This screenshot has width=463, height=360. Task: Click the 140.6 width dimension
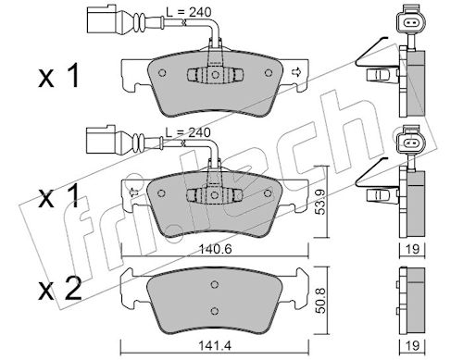[215, 249]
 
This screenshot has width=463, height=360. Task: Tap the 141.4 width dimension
[215, 346]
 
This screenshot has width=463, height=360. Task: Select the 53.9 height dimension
[321, 202]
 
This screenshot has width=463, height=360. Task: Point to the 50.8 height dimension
[321, 301]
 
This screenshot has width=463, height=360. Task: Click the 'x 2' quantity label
[60, 289]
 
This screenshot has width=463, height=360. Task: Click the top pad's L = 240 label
[189, 12]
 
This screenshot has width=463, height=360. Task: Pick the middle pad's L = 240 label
[188, 132]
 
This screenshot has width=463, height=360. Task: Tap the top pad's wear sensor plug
[102, 19]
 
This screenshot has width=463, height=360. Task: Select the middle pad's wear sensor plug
[101, 140]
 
